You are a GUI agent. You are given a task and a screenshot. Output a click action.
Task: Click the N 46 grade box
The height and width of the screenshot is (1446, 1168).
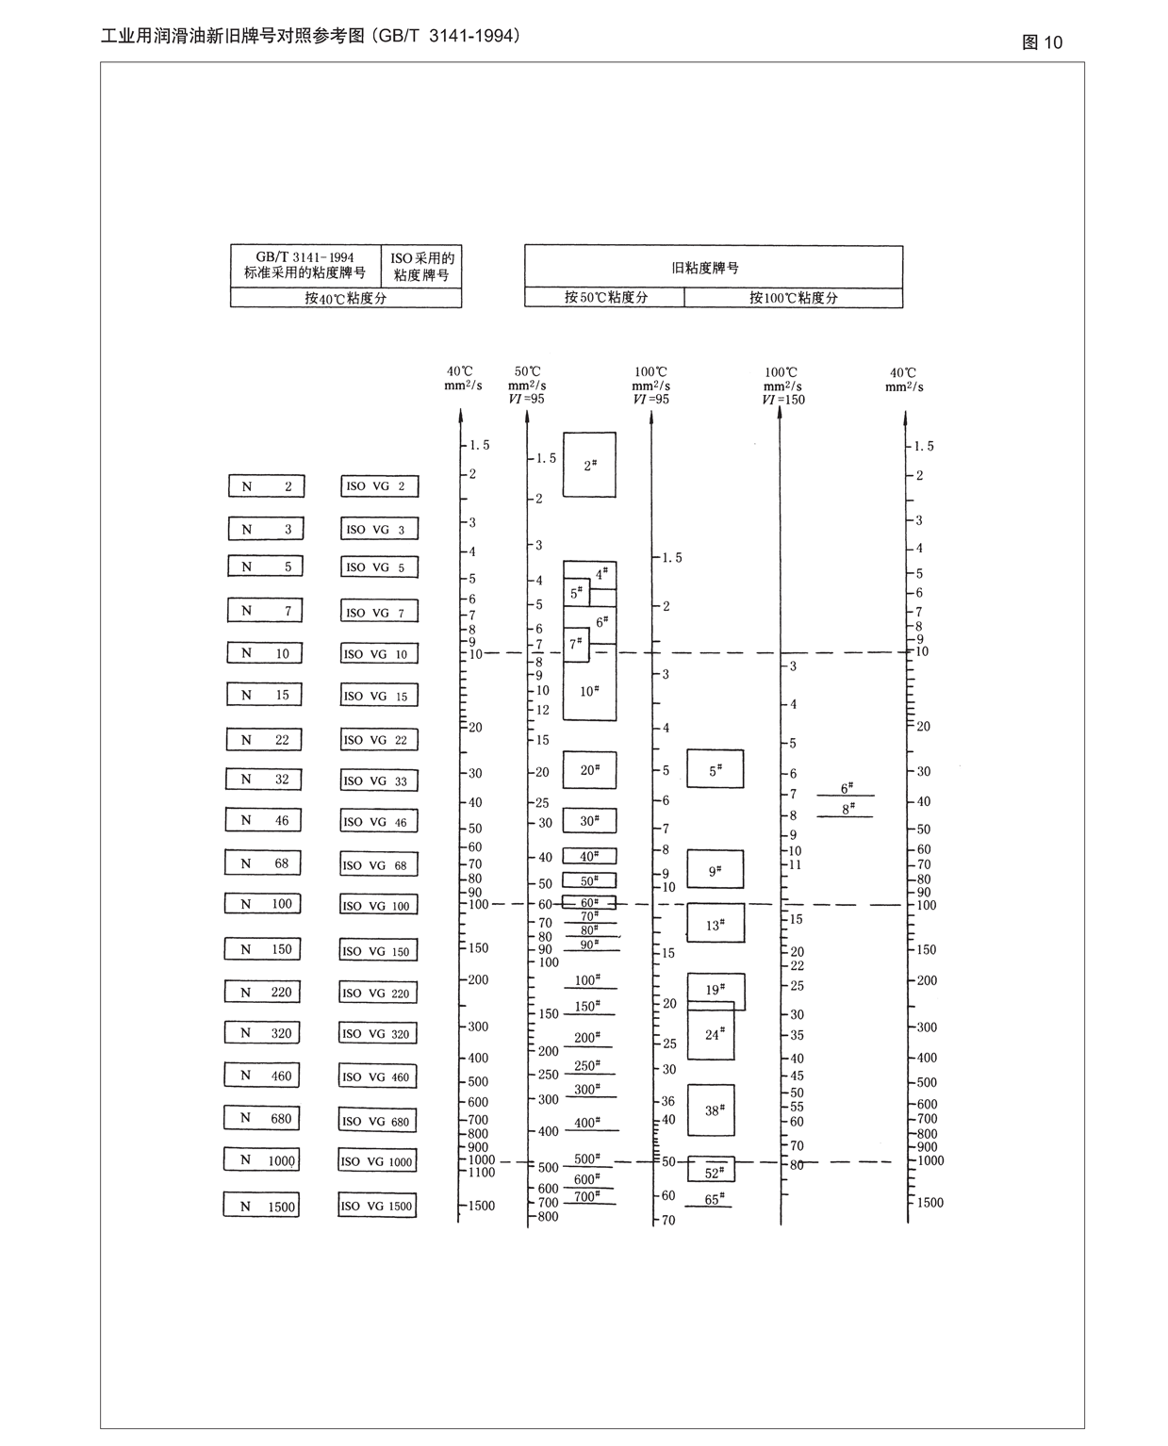(x=263, y=820)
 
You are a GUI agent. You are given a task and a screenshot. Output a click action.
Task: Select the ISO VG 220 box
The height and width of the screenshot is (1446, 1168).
(x=377, y=993)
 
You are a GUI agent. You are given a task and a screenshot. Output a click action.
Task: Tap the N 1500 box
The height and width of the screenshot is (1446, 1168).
(x=261, y=1206)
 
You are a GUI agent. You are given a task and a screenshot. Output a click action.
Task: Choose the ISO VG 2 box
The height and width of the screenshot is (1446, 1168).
(x=379, y=486)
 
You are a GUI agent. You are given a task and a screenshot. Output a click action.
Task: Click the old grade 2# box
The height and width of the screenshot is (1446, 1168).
(x=589, y=465)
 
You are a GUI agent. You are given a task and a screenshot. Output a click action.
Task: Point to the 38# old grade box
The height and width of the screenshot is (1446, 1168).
(x=711, y=1110)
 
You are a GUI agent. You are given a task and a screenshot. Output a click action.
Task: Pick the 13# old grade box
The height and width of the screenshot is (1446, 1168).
(x=715, y=924)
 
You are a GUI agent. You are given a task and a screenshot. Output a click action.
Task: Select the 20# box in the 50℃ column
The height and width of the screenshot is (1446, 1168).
(x=589, y=770)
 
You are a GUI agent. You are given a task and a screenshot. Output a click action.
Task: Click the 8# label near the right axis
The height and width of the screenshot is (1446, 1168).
(x=847, y=809)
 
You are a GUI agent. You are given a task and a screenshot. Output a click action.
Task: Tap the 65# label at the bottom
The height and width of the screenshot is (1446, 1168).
(x=713, y=1200)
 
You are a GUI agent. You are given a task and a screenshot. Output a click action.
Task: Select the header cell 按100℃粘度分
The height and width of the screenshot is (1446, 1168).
(x=793, y=298)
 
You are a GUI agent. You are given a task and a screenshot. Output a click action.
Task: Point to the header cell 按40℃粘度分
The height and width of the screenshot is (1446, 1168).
(x=345, y=298)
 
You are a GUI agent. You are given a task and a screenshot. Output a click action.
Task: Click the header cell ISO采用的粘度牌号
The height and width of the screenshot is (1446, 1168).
(x=421, y=267)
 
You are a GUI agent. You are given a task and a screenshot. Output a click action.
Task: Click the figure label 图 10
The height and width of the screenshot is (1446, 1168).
(x=1042, y=42)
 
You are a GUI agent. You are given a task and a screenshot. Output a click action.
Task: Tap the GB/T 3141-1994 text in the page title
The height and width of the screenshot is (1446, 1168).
(x=447, y=36)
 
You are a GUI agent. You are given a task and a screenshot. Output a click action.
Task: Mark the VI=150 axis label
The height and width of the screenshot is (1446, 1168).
(x=783, y=400)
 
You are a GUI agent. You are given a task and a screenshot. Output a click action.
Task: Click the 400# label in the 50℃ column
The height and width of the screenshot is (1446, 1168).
(x=586, y=1123)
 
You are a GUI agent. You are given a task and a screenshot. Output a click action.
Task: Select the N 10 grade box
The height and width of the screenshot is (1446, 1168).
(x=264, y=653)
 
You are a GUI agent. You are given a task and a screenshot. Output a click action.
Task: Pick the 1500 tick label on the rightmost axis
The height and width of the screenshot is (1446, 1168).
(x=929, y=1203)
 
